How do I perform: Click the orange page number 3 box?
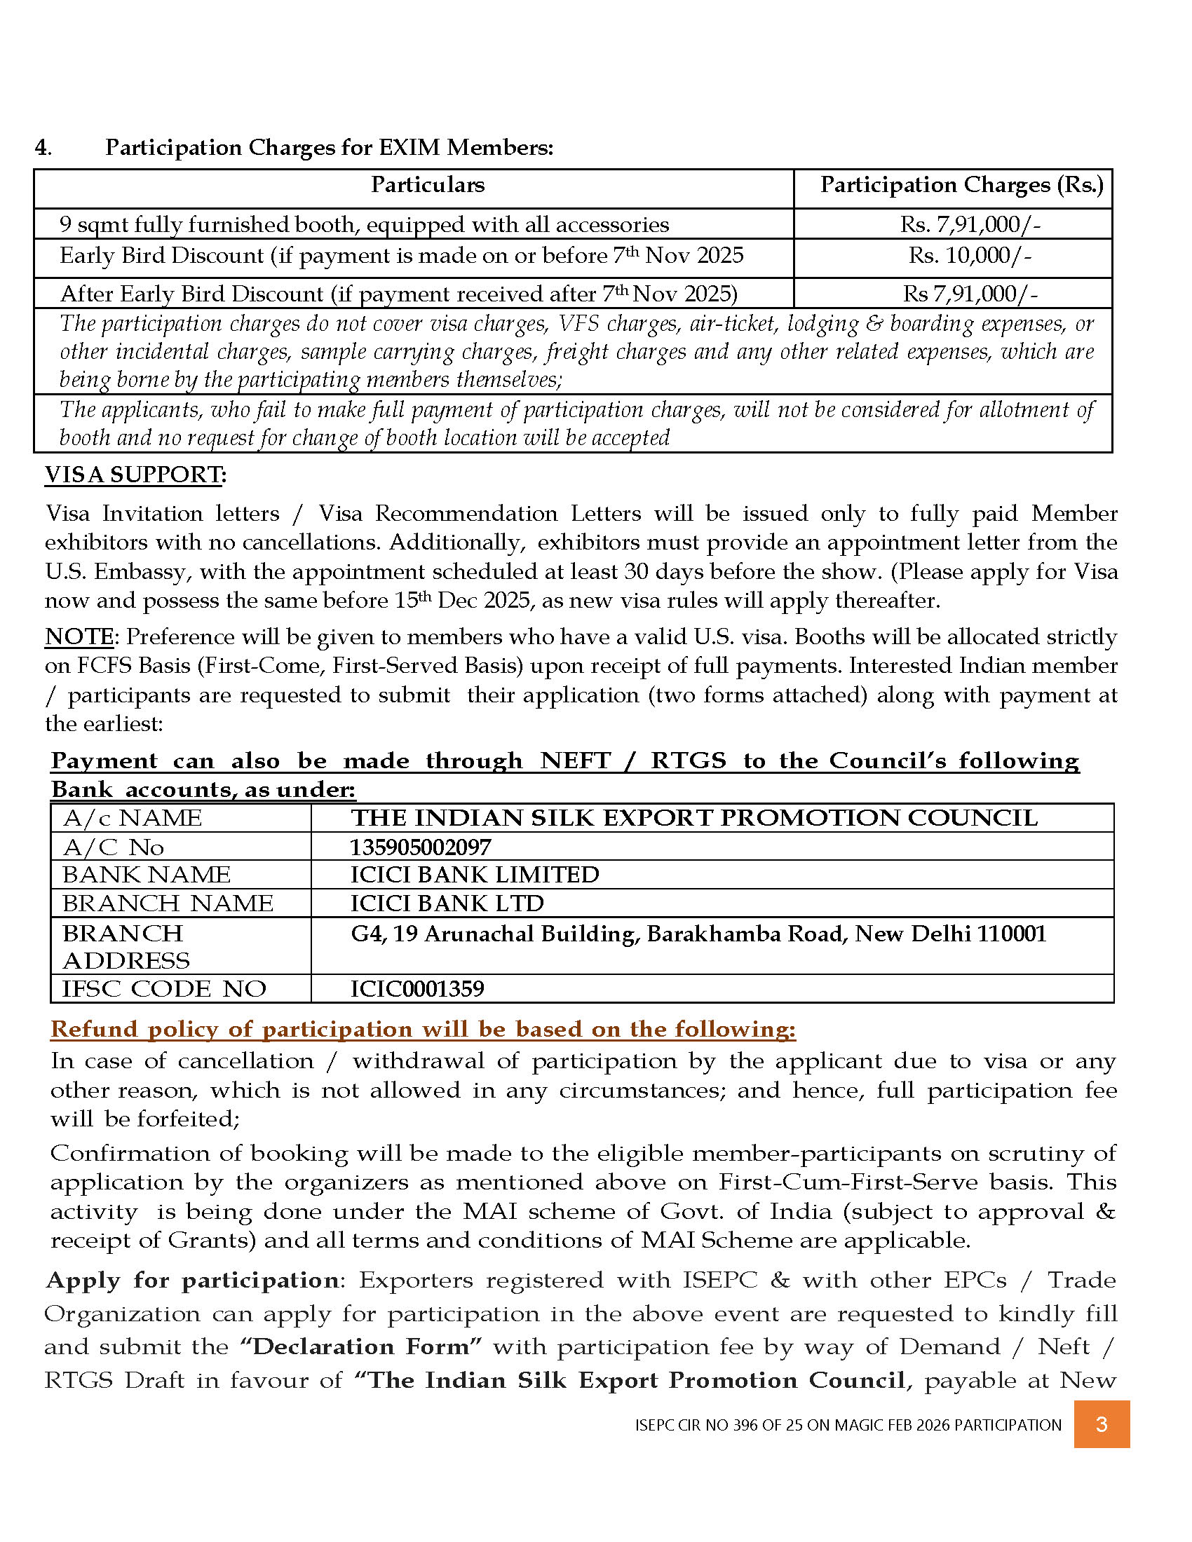point(1101,1424)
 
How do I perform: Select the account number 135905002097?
point(421,847)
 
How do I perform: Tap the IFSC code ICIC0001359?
point(417,988)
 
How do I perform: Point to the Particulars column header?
point(427,185)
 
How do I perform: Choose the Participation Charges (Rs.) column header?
point(961,185)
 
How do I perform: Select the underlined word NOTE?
point(79,637)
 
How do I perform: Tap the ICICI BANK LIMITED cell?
point(475,875)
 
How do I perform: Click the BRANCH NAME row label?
point(168,903)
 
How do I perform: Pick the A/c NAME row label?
point(132,818)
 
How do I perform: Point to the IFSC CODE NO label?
point(164,988)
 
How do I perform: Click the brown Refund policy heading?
point(423,1030)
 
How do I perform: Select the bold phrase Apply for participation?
point(192,1281)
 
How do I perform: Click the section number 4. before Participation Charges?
point(43,148)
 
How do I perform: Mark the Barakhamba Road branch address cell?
point(698,934)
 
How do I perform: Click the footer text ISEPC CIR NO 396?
point(848,1425)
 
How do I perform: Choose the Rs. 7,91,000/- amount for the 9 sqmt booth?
point(970,224)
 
